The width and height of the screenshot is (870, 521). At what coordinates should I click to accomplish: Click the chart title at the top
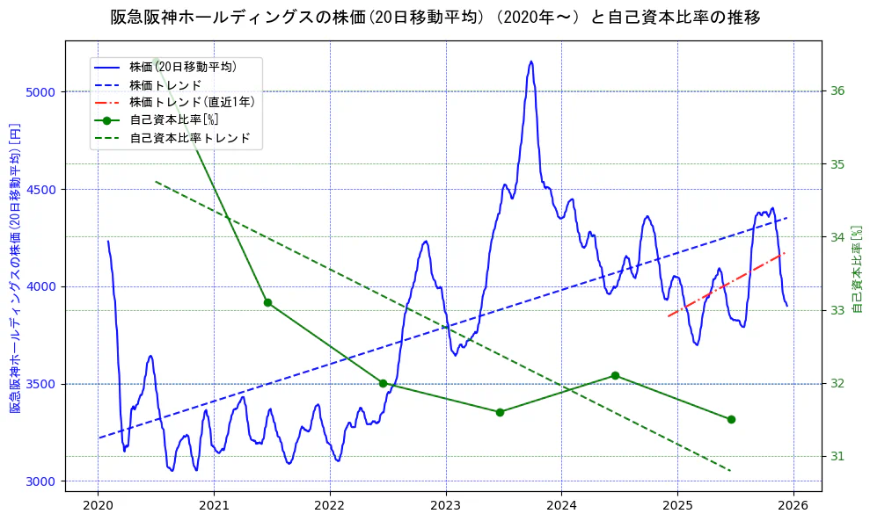[435, 18]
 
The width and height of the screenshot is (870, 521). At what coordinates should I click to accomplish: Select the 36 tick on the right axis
[837, 90]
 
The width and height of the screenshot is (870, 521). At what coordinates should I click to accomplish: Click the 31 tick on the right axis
[837, 456]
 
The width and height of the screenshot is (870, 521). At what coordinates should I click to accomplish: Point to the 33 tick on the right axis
[837, 310]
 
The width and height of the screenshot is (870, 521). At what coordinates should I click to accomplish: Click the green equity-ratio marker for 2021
[267, 302]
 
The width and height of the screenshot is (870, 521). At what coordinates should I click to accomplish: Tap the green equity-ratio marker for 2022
[383, 383]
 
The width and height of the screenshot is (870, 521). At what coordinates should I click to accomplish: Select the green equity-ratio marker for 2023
[500, 412]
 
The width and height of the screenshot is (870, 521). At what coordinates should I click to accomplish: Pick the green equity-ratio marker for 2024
[615, 375]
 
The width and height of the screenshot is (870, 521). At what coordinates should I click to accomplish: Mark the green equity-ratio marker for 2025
[731, 419]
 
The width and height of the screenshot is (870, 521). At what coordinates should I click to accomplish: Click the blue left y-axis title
[15, 268]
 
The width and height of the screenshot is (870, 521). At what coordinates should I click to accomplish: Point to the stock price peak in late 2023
[530, 62]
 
